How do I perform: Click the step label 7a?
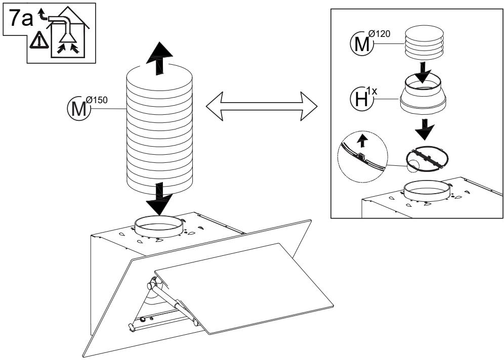click(21, 18)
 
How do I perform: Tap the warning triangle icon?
click(39, 40)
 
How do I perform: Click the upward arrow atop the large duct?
click(159, 58)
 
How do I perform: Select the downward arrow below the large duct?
click(159, 199)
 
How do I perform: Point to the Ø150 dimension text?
click(97, 100)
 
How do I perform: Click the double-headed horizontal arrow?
click(261, 106)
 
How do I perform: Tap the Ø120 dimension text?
click(380, 33)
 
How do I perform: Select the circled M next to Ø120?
click(362, 43)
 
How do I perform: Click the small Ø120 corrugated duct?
click(424, 43)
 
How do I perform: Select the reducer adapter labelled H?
click(423, 94)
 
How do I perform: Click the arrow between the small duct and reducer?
click(423, 72)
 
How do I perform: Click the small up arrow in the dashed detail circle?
click(363, 140)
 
